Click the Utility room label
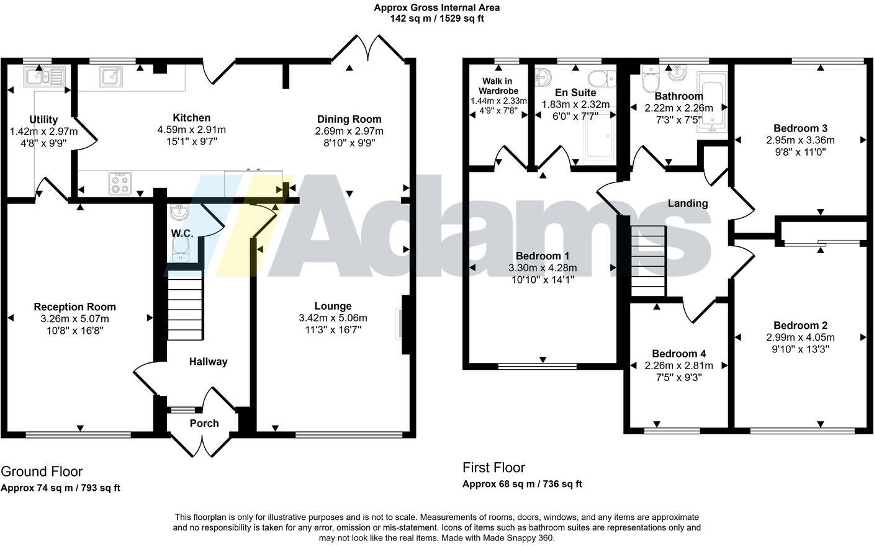tap(43, 120)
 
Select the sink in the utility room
tap(43, 76)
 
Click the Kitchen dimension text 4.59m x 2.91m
tap(191, 130)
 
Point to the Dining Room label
tap(349, 119)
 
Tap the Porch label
tap(204, 423)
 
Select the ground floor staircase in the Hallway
tap(185, 308)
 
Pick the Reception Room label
tap(74, 307)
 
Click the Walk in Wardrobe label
tap(498, 86)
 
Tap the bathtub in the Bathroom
tap(711, 102)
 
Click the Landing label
tap(687, 203)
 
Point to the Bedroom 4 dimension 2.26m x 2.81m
tap(678, 365)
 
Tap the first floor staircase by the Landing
tap(648, 261)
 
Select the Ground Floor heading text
tap(42, 472)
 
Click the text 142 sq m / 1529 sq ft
tap(436, 19)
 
